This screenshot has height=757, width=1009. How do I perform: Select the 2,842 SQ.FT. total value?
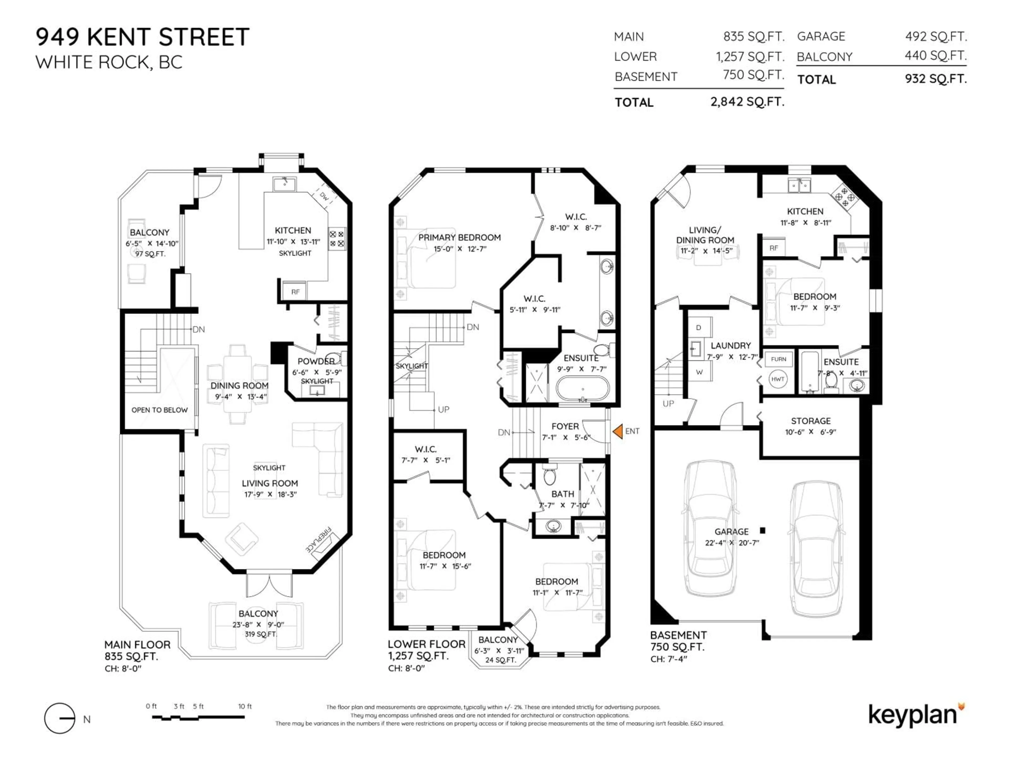pyautogui.click(x=747, y=101)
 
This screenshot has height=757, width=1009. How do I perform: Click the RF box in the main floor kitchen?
pyautogui.click(x=295, y=291)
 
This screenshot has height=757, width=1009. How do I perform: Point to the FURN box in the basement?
pyautogui.click(x=778, y=359)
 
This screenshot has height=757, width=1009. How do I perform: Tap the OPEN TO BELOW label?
pyautogui.click(x=159, y=410)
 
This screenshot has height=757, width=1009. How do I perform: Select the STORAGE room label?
pyautogui.click(x=811, y=421)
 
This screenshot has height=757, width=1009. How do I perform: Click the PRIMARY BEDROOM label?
pyautogui.click(x=459, y=237)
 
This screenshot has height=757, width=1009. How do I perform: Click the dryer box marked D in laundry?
pyautogui.click(x=698, y=328)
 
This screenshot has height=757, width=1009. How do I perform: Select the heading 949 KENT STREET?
pyautogui.click(x=142, y=37)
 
